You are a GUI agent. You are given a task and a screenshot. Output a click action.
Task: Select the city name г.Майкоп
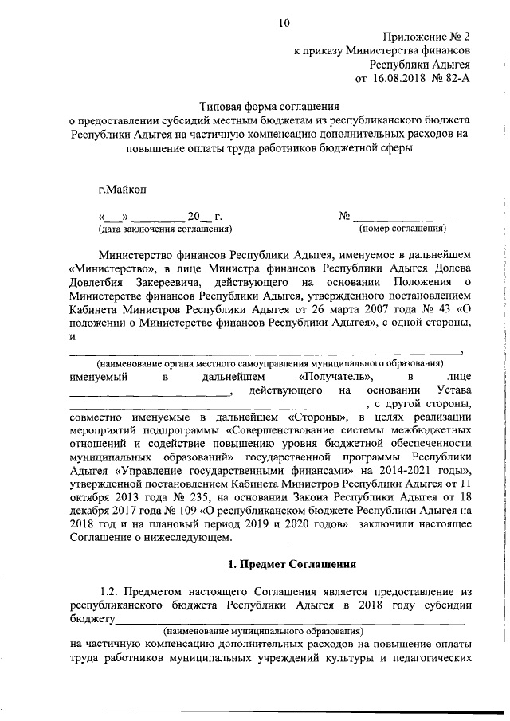click(123, 189)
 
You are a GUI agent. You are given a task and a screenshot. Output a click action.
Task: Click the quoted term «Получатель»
click(333, 375)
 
